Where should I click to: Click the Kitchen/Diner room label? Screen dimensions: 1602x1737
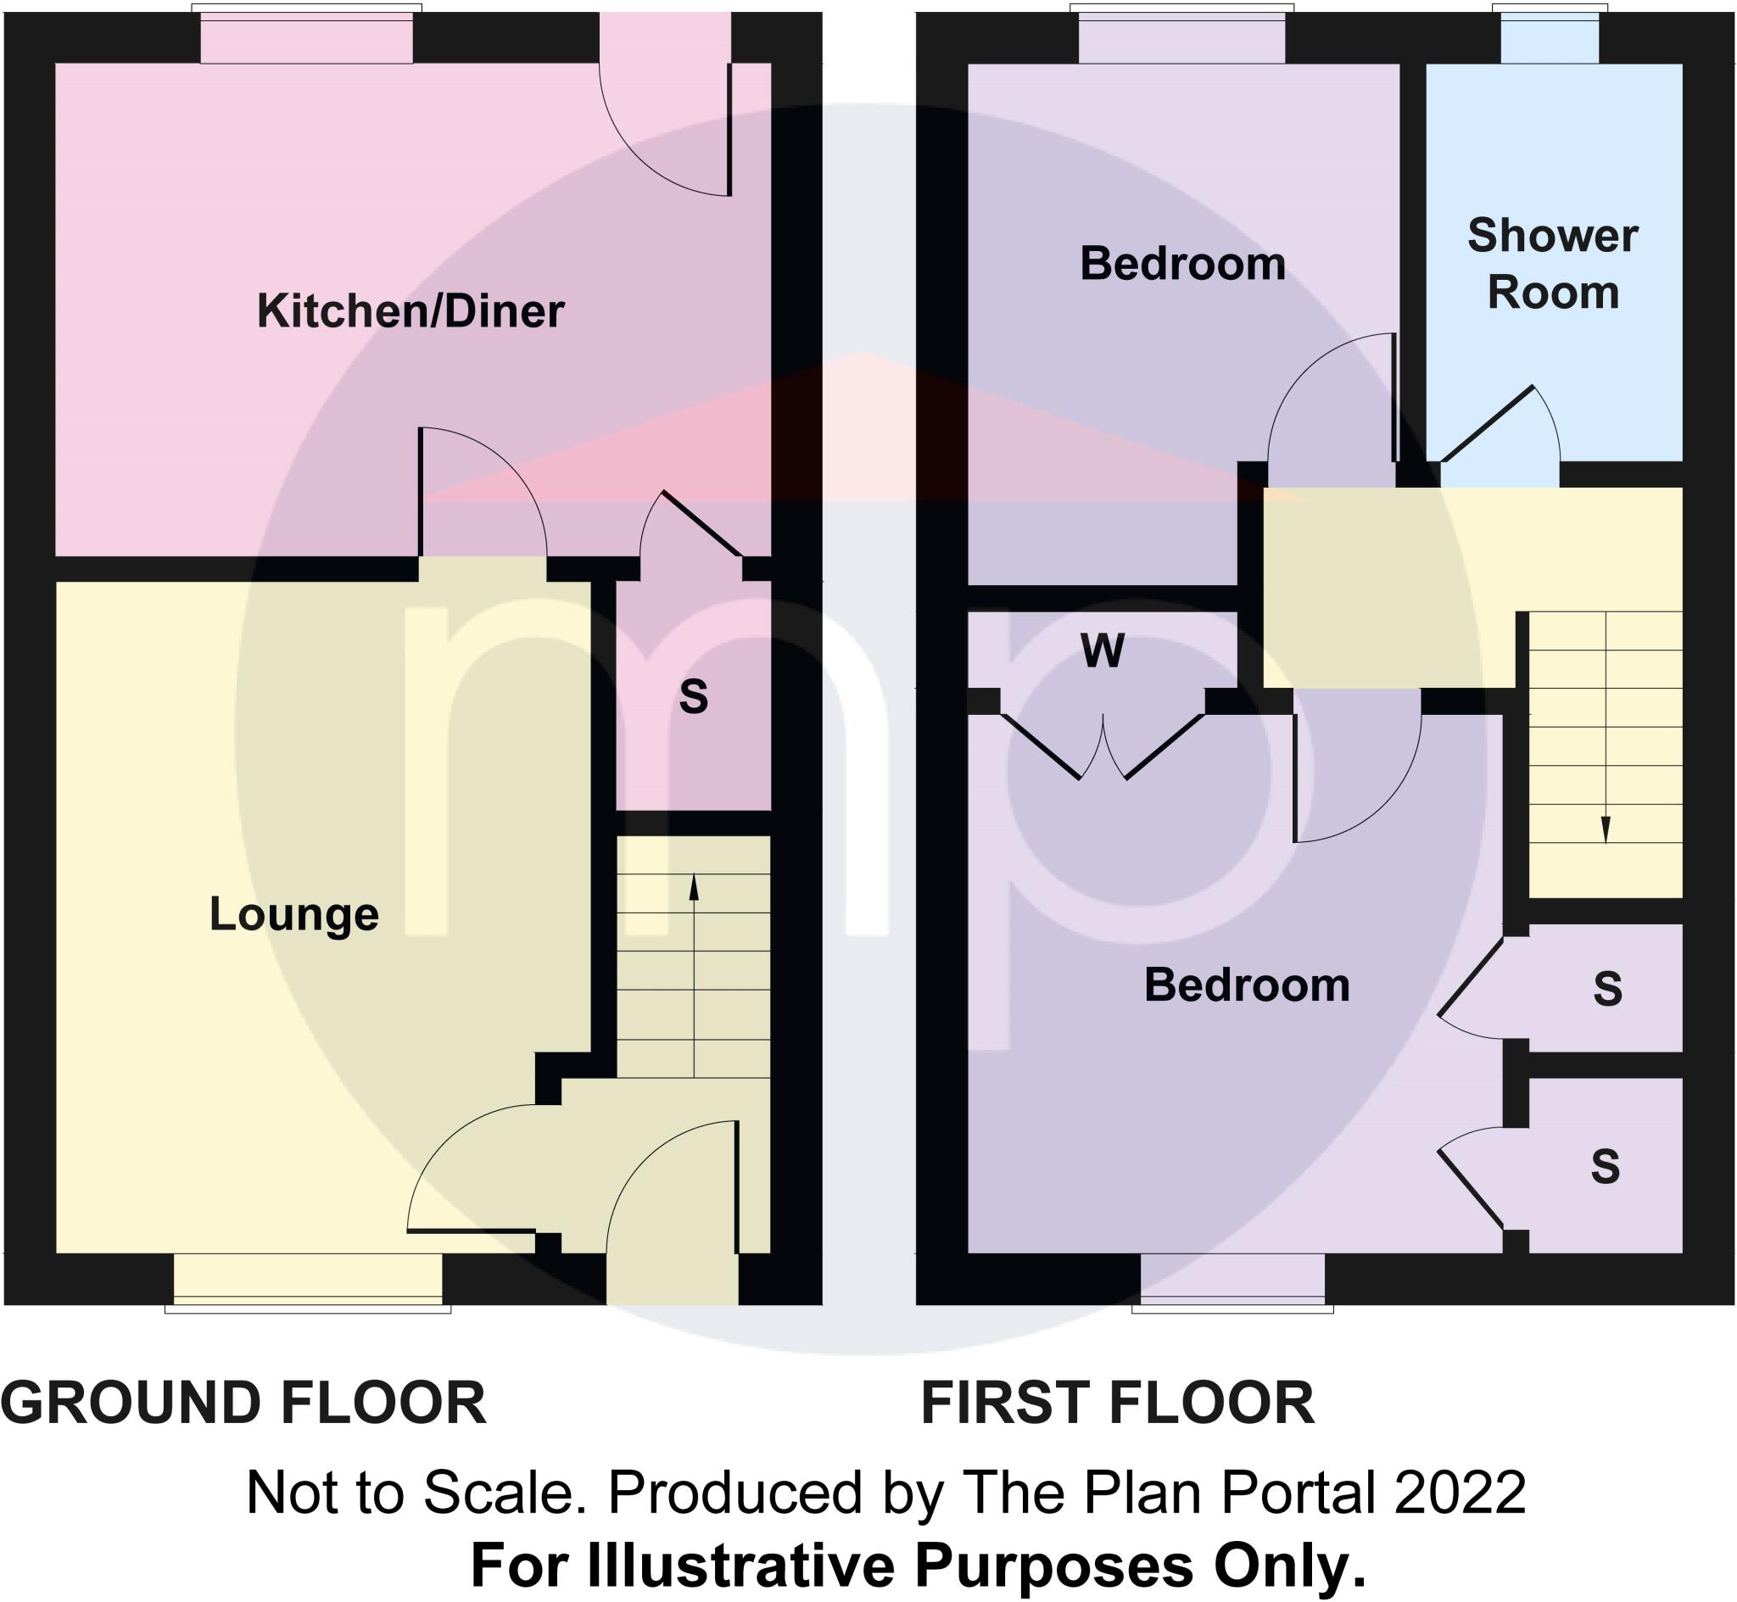[410, 311]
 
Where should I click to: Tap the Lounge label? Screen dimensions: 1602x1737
[293, 913]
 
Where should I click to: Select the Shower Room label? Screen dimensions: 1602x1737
[1552, 264]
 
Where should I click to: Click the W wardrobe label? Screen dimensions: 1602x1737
[1103, 651]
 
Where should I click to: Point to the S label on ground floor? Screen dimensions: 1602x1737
[694, 696]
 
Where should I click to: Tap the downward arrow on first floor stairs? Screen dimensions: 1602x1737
[1606, 830]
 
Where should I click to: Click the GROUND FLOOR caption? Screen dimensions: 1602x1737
[243, 1404]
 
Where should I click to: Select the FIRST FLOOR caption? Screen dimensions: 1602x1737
[1117, 1404]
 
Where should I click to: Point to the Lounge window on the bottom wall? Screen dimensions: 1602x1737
[308, 1281]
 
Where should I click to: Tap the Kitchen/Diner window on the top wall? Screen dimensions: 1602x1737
[307, 36]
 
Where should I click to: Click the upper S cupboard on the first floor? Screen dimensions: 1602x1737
[1606, 988]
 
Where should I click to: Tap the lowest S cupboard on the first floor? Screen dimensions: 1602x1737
[1606, 1166]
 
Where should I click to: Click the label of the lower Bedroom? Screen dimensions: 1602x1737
[1247, 985]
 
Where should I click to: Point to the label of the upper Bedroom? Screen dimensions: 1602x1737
[1182, 264]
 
